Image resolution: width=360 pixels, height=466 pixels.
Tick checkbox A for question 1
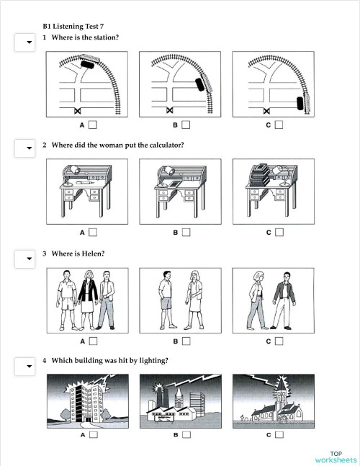tap(92, 125)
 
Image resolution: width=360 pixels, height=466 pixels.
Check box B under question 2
tap(186, 232)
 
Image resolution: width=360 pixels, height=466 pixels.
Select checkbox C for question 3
tap(279, 340)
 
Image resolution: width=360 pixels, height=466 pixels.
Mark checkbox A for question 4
tap(92, 435)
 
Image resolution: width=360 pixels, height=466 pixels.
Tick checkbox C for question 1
tap(279, 125)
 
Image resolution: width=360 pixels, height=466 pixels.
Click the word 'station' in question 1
tap(104, 37)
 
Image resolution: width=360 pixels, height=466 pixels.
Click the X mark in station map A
tap(77, 110)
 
